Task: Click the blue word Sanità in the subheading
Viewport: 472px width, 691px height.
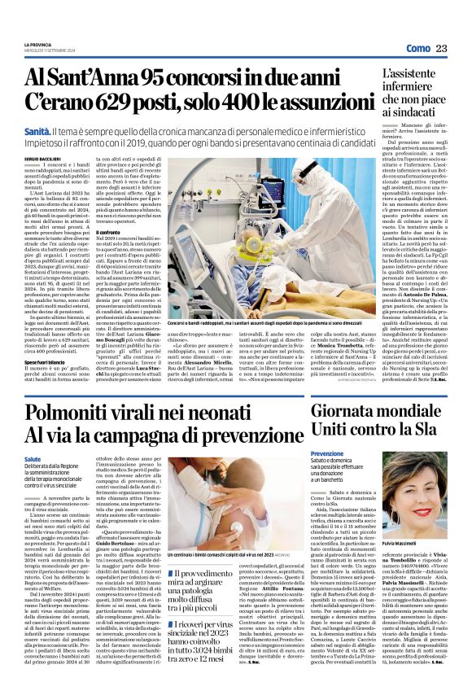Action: coord(38,131)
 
